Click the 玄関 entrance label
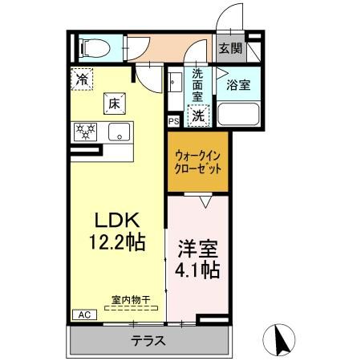pos(231,48)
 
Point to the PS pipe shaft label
pos(173,121)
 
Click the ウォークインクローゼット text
pos(197,163)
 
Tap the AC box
pos(83,314)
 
